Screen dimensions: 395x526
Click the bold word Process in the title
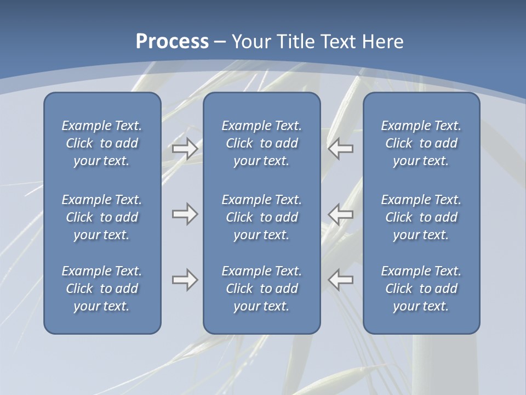(x=172, y=42)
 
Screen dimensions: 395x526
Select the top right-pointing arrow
(x=185, y=148)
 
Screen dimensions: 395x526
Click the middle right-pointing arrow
(x=185, y=214)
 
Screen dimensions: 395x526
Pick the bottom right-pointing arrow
(x=185, y=280)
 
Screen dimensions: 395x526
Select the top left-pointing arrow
(x=341, y=148)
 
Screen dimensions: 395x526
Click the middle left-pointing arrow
(x=341, y=214)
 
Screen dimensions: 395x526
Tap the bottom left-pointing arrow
(x=341, y=280)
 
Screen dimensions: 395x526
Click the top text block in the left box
(x=102, y=143)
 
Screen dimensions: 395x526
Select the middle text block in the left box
(x=102, y=217)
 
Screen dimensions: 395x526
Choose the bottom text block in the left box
(x=102, y=289)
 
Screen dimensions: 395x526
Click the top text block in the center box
(x=262, y=143)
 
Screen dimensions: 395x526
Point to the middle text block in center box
(x=262, y=217)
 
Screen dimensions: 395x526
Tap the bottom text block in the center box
(x=262, y=289)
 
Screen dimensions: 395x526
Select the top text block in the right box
(x=421, y=143)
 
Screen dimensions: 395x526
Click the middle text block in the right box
(x=421, y=217)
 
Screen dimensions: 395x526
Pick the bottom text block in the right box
(x=421, y=289)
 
